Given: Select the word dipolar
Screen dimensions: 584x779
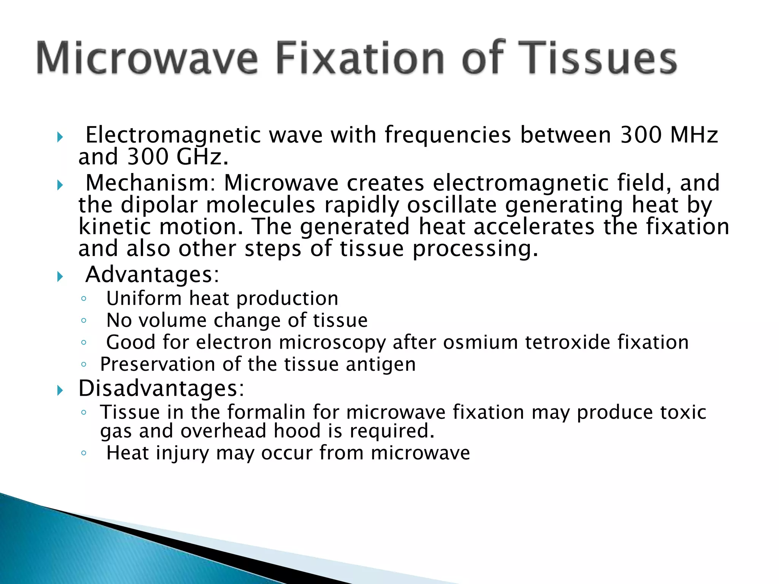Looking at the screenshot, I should pos(159,205).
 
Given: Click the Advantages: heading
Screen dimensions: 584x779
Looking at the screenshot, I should pos(153,275).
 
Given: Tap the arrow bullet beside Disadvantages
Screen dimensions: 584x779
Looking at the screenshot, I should pos(60,390).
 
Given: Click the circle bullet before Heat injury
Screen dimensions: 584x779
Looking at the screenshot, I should pos(84,453).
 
